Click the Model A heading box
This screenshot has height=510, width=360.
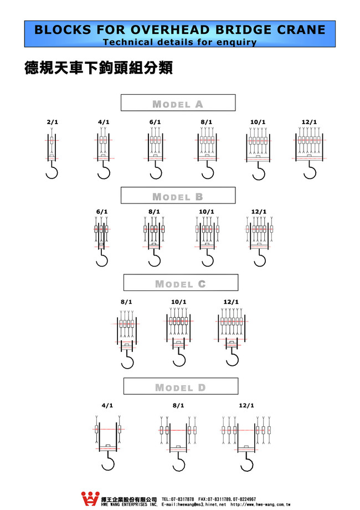pos(178,104)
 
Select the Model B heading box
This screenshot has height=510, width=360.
pos(178,196)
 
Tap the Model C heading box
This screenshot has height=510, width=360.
pos(180,284)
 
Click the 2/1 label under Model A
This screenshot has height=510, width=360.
pos(52,122)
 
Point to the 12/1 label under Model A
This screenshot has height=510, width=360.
pos(310,122)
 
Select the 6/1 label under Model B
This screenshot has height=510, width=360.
pos(102,212)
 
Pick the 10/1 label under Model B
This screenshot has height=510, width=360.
pos(206,212)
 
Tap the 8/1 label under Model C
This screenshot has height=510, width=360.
pos(126,302)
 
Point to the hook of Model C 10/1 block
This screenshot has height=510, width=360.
pos(178,359)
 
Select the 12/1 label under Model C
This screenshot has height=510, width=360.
pos(231,302)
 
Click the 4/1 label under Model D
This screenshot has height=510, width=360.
pos(107,406)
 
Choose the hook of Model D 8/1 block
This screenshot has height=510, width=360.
pos(178,462)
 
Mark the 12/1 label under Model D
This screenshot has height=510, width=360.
pos(246,406)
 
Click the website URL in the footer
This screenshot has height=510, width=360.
pos(260,505)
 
